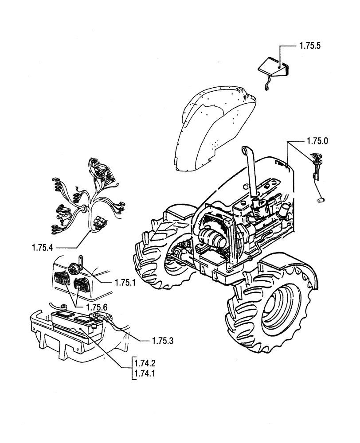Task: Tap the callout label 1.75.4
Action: tap(44, 248)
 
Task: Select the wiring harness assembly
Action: tap(89, 195)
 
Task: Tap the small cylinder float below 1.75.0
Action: tap(321, 201)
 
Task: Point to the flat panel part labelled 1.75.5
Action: tap(270, 66)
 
